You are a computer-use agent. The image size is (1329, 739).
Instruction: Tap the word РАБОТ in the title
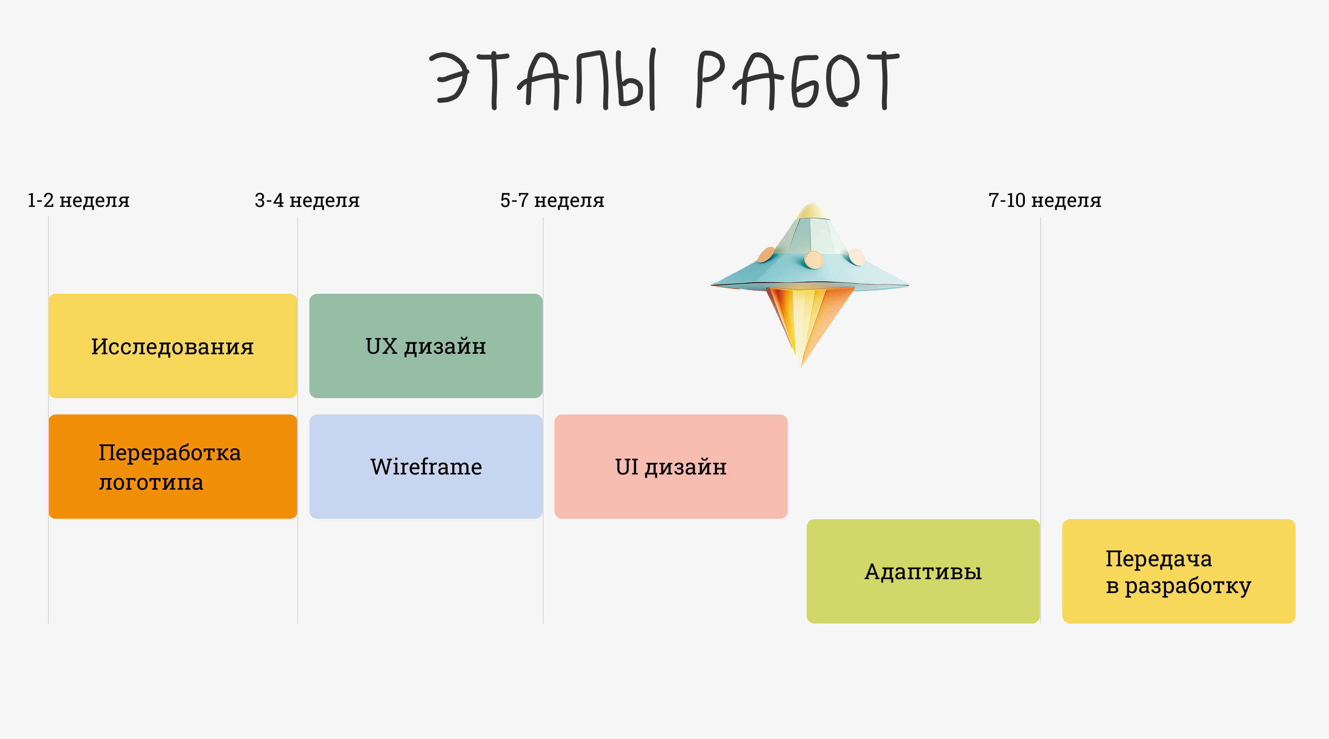click(797, 80)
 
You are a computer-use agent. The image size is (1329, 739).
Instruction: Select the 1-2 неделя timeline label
click(78, 200)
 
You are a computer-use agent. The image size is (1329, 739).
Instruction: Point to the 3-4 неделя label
click(307, 200)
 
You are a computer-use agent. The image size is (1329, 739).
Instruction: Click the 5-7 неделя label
click(552, 200)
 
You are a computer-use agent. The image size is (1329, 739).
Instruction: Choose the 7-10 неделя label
click(1045, 200)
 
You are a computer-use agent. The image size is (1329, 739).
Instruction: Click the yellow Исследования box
click(173, 346)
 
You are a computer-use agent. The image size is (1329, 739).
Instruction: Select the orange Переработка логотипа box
click(173, 466)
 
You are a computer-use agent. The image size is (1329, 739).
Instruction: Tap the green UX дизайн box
click(425, 346)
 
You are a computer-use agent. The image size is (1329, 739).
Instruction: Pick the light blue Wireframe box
click(425, 466)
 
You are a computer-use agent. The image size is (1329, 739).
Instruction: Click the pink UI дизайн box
click(670, 466)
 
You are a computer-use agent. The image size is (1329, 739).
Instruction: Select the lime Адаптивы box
click(923, 571)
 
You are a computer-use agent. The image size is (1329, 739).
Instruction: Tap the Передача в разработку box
click(1179, 571)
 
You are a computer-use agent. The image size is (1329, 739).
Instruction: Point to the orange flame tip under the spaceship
click(801, 362)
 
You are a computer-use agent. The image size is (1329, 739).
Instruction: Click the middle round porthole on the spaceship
click(814, 260)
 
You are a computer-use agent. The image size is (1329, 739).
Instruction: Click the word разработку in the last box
click(1188, 586)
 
